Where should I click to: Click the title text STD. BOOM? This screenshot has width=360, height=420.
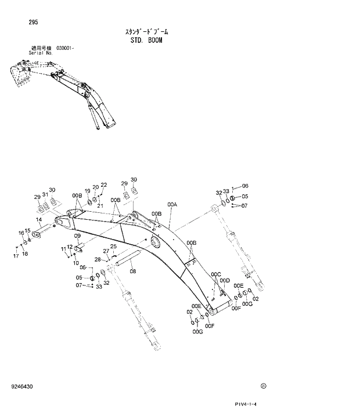[146, 41]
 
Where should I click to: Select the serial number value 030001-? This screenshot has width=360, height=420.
[65, 48]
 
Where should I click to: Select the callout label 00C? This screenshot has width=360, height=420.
[216, 274]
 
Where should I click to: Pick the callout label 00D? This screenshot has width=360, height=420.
[225, 280]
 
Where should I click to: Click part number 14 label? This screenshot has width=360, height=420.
[38, 220]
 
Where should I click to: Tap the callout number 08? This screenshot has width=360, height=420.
[133, 271]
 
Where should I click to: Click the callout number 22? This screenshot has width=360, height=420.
[104, 185]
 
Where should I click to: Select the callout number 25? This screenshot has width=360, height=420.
[114, 247]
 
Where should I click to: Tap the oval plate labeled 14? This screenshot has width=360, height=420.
[41, 235]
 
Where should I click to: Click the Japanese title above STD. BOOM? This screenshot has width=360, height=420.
[146, 32]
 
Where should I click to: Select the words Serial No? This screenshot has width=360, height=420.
[41, 53]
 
